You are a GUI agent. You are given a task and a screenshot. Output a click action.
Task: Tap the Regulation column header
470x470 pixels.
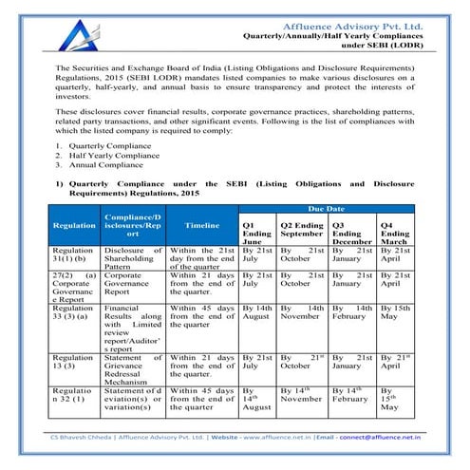coord(74,226)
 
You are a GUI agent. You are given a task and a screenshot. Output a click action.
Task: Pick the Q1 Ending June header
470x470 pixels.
coord(256,233)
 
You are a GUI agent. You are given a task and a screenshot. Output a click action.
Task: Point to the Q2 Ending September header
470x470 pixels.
coord(302,233)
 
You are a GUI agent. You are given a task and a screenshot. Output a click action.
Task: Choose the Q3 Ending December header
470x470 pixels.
coord(351,233)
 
